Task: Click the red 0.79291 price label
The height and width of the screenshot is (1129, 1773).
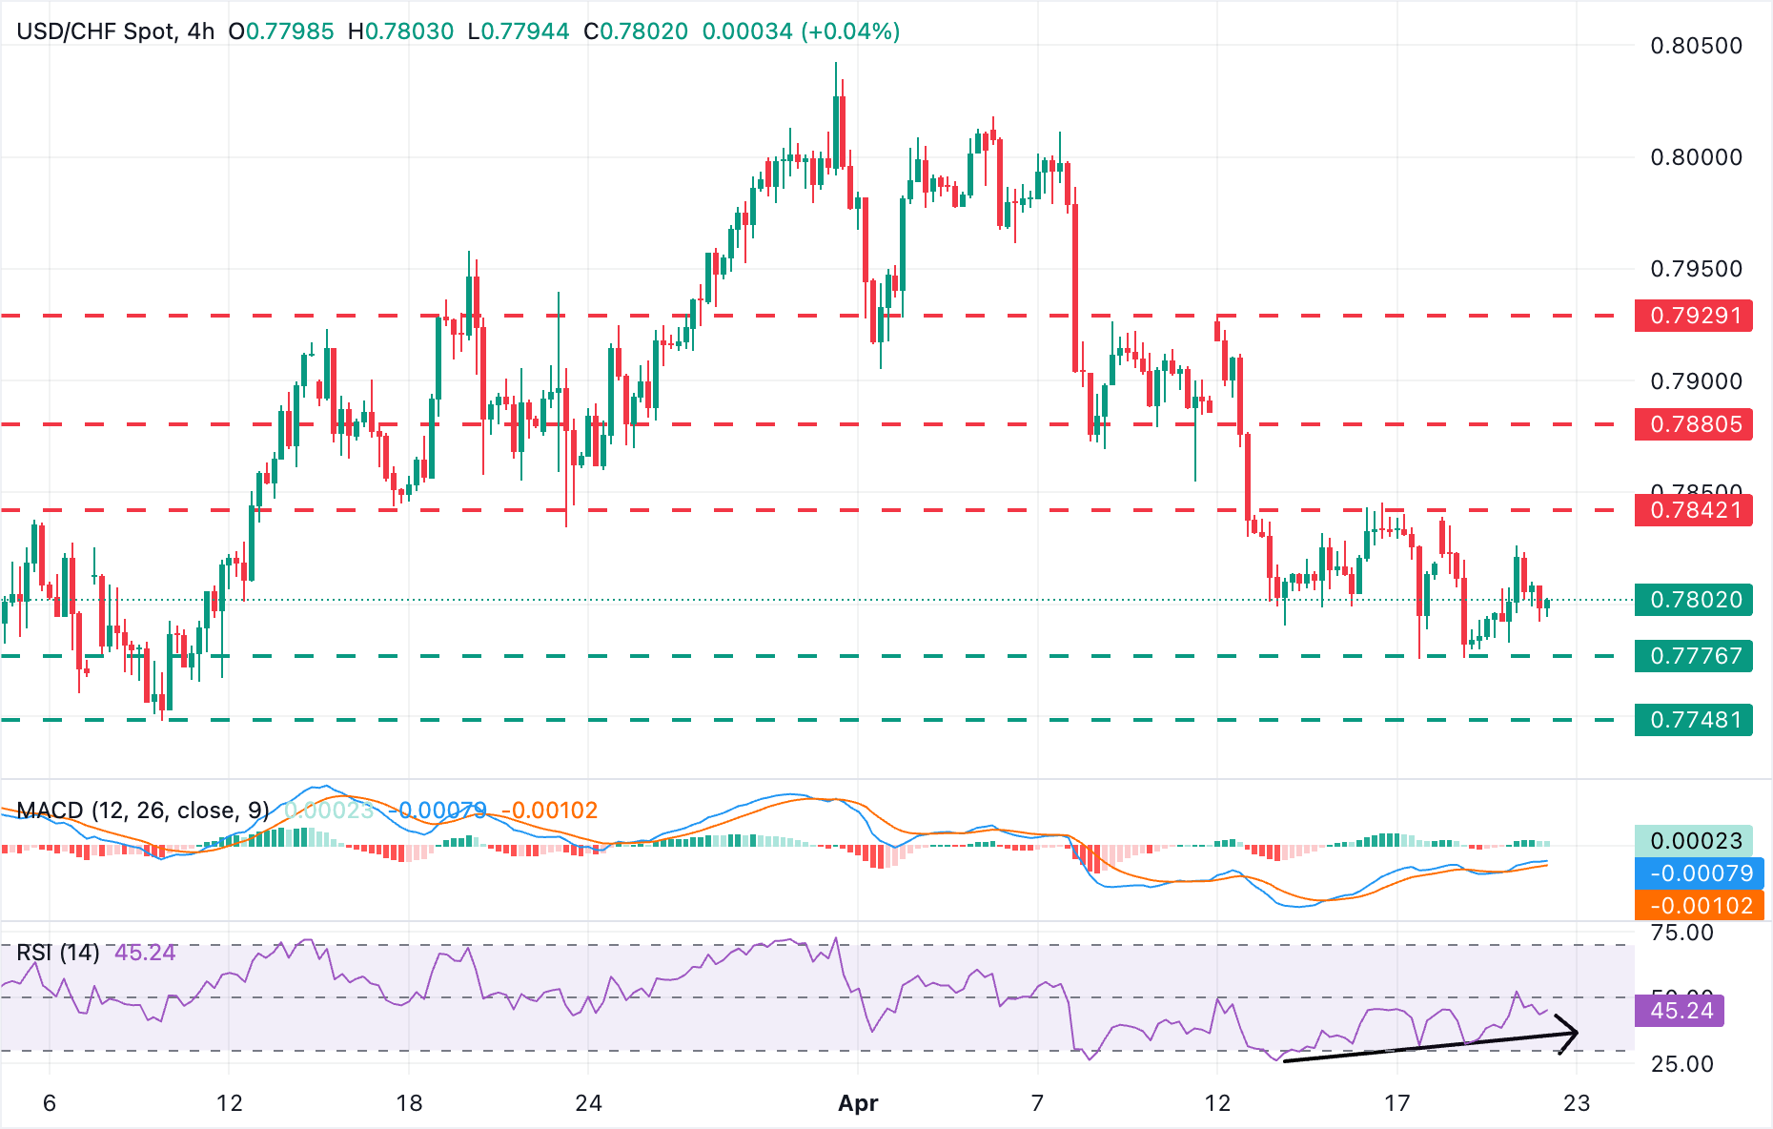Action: (1694, 316)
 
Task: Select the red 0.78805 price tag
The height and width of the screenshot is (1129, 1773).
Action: (1694, 424)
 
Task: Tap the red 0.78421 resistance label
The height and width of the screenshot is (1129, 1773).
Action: (1694, 510)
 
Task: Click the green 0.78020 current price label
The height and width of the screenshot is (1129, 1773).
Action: (1694, 600)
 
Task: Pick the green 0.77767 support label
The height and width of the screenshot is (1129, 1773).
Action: (1694, 656)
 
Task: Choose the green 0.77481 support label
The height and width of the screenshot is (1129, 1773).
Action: (1694, 720)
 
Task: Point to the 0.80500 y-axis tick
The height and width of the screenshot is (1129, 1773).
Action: (1696, 46)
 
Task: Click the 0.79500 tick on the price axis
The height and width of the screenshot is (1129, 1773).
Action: (1696, 269)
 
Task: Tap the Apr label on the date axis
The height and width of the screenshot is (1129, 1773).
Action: (857, 1103)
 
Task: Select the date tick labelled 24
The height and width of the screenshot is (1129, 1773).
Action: (588, 1103)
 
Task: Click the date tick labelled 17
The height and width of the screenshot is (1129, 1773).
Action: (1396, 1103)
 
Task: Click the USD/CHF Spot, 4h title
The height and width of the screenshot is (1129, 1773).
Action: (115, 31)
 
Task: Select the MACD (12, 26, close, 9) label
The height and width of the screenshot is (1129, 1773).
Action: (143, 811)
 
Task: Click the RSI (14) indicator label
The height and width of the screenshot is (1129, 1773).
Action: (58, 953)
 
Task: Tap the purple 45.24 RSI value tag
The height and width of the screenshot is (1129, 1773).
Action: (1681, 1010)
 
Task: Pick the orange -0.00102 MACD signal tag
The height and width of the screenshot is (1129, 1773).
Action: (1700, 905)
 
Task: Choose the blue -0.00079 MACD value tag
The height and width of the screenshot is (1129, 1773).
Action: (1700, 872)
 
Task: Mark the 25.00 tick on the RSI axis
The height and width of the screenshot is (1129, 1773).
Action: (1681, 1064)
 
